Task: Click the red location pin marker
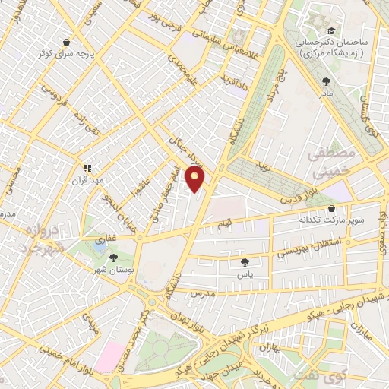pos(195,179)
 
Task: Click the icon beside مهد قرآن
pos(87,167)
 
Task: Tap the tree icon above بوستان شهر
pos(113,258)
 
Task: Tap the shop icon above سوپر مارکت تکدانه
pos(331,208)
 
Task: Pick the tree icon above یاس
pos(245,261)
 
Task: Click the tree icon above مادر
pos(327,81)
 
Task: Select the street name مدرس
pos(204,293)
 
